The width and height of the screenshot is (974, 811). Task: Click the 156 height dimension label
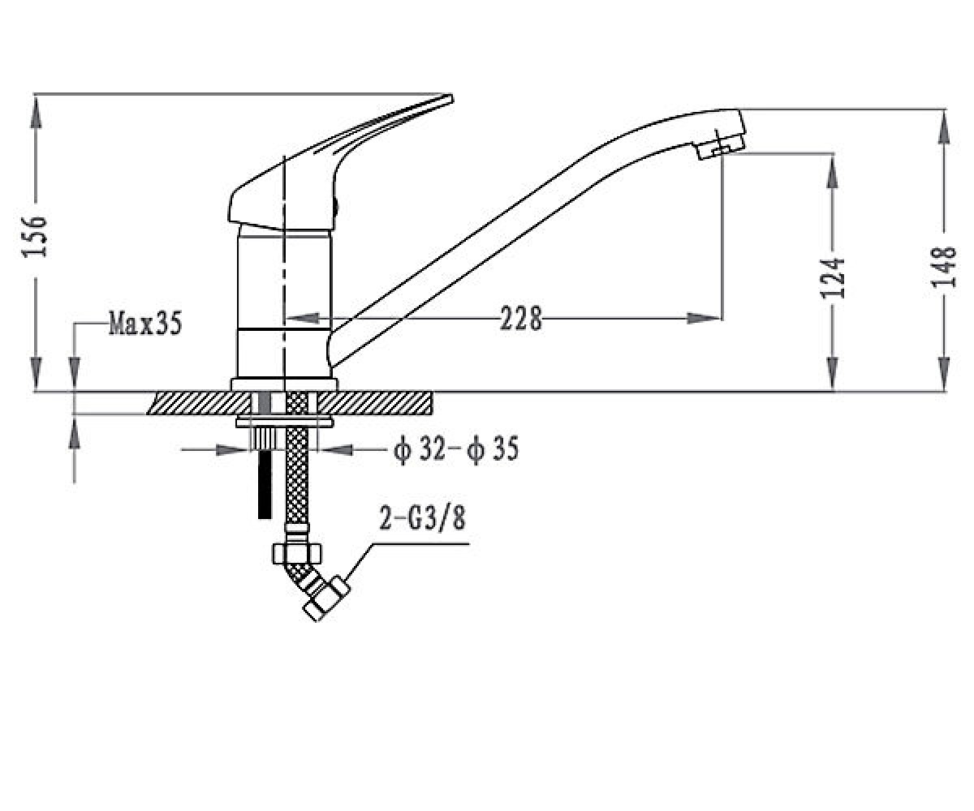click(x=35, y=236)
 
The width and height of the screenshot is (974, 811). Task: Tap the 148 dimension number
click(x=944, y=267)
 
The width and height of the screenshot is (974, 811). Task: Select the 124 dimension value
click(x=833, y=278)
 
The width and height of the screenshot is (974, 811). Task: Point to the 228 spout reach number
click(x=521, y=319)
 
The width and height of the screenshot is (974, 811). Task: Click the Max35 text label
click(x=145, y=323)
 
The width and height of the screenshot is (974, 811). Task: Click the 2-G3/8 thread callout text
click(x=422, y=518)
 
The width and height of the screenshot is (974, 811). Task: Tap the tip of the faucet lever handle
click(x=451, y=97)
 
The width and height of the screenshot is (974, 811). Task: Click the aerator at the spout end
click(x=720, y=144)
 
